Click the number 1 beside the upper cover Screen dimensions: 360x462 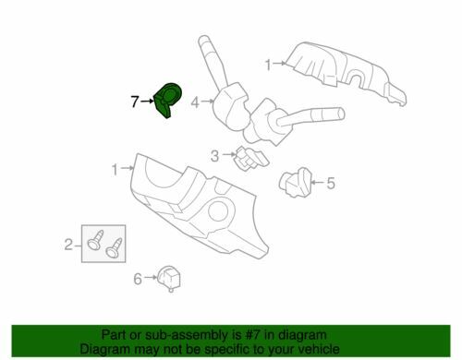(x=269, y=66)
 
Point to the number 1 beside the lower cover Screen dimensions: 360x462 (x=115, y=170)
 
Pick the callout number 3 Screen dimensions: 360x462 (x=213, y=155)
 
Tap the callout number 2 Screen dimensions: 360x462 (x=67, y=245)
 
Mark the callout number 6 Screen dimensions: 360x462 (x=138, y=278)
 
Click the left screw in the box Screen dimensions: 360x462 (x=96, y=241)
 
